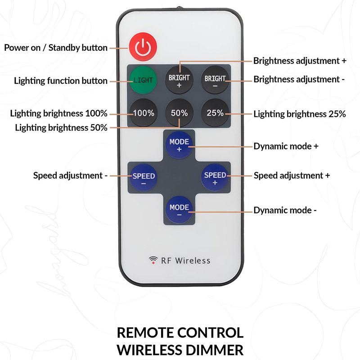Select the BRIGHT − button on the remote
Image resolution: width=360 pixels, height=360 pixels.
coord(215,81)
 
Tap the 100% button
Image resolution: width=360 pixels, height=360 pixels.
coord(143,113)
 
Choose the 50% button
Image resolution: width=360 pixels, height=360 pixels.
coord(179,113)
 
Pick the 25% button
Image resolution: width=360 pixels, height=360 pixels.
coord(215,113)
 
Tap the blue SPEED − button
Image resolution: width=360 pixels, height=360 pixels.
coord(143,179)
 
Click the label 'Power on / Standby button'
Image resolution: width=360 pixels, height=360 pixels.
coord(56,48)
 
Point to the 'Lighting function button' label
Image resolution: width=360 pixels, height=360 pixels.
coord(61,81)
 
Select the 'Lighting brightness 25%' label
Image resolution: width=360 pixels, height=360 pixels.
coord(299,114)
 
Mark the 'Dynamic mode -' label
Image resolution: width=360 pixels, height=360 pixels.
coord(285,210)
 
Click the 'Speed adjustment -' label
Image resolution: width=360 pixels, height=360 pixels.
coord(70,175)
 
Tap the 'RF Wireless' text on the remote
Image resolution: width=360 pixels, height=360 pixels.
coord(185,260)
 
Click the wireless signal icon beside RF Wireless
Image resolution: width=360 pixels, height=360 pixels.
coord(153,260)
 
